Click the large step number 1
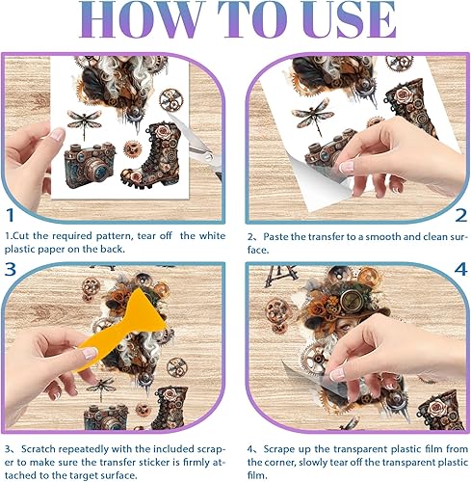point(11,215)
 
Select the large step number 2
point(461,215)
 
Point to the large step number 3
point(11,269)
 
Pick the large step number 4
point(460,269)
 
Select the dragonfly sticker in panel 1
point(84,121)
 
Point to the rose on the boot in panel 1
point(163,131)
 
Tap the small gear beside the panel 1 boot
point(132,148)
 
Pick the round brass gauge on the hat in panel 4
point(351,300)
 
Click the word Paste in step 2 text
point(276,237)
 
